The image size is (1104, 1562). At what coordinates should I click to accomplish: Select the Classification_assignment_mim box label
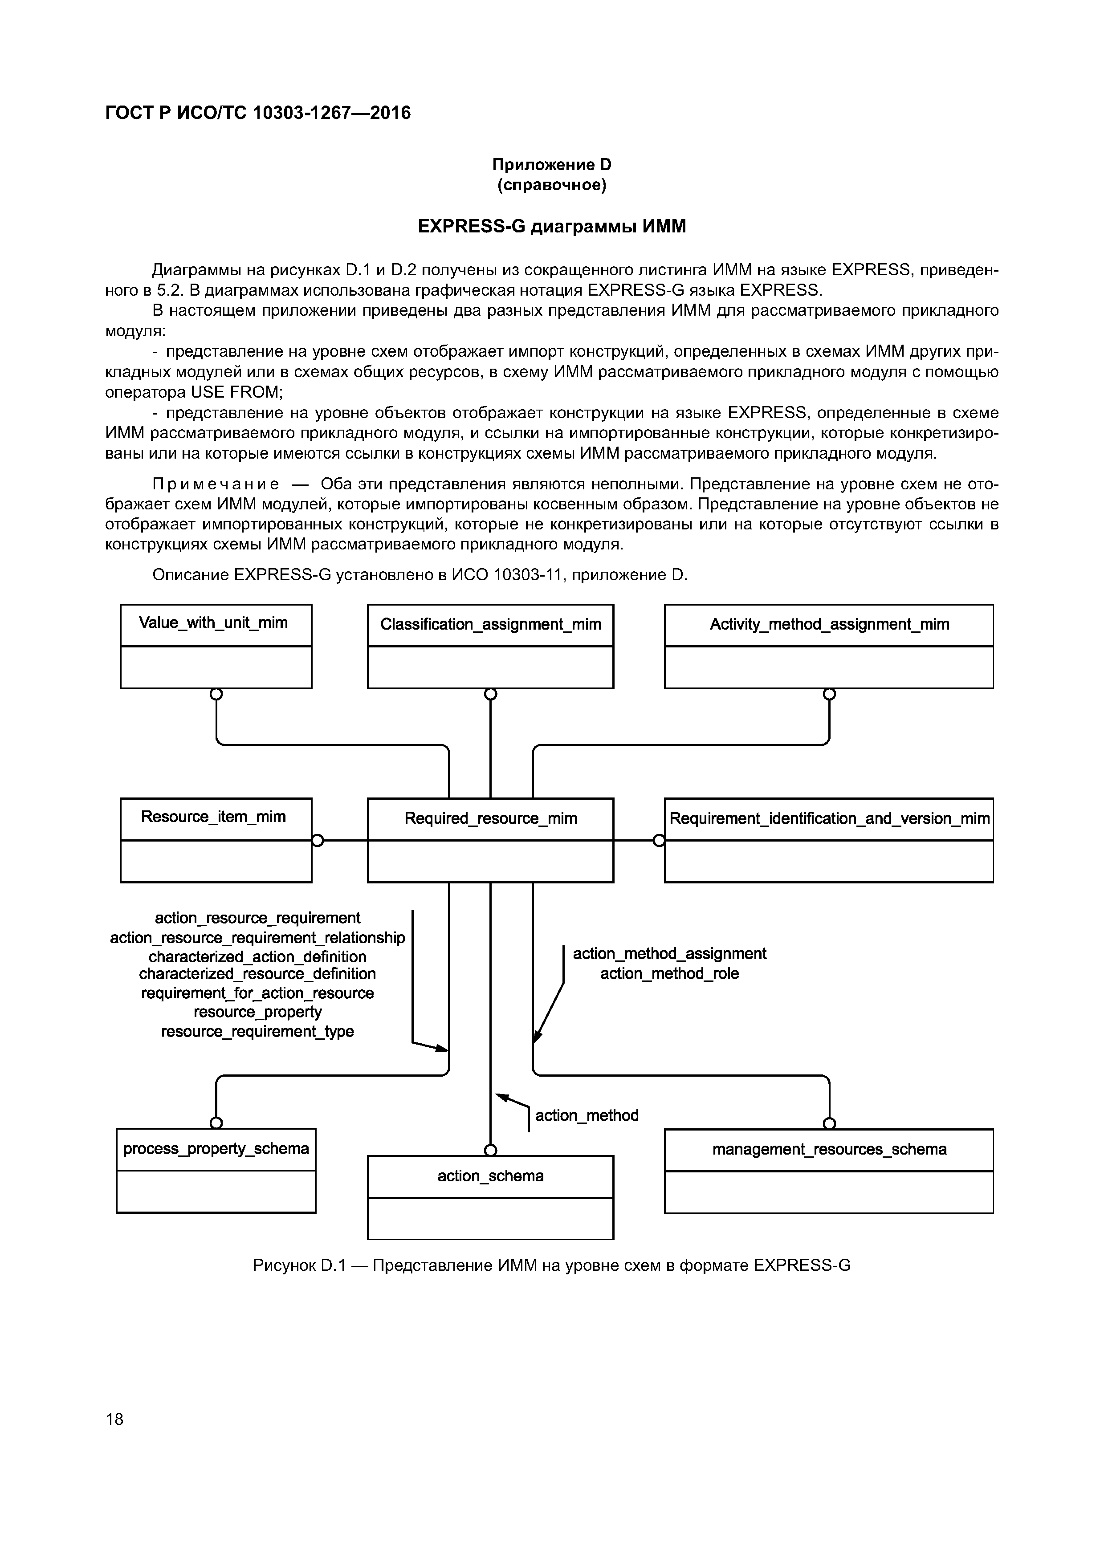(x=490, y=625)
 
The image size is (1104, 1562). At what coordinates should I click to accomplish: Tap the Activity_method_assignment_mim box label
(x=829, y=625)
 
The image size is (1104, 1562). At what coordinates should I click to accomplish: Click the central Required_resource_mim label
(x=490, y=818)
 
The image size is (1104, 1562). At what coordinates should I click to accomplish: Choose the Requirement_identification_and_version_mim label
(x=829, y=818)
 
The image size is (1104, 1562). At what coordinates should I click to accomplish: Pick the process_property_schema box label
(x=216, y=1149)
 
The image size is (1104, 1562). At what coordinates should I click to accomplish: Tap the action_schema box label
(x=490, y=1176)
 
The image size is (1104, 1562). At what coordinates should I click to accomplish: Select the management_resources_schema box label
(x=829, y=1150)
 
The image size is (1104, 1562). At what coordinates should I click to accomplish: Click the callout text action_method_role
(x=669, y=973)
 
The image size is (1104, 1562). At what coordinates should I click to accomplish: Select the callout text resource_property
(x=258, y=1012)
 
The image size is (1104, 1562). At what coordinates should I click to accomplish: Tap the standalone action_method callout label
(x=587, y=1116)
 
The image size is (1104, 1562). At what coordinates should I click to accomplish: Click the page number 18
(x=115, y=1419)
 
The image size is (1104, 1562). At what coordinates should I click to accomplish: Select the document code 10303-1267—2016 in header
(x=331, y=113)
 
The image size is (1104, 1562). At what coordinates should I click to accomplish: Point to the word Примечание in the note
(x=216, y=484)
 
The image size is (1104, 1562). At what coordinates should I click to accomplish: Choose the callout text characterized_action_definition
(x=258, y=956)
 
